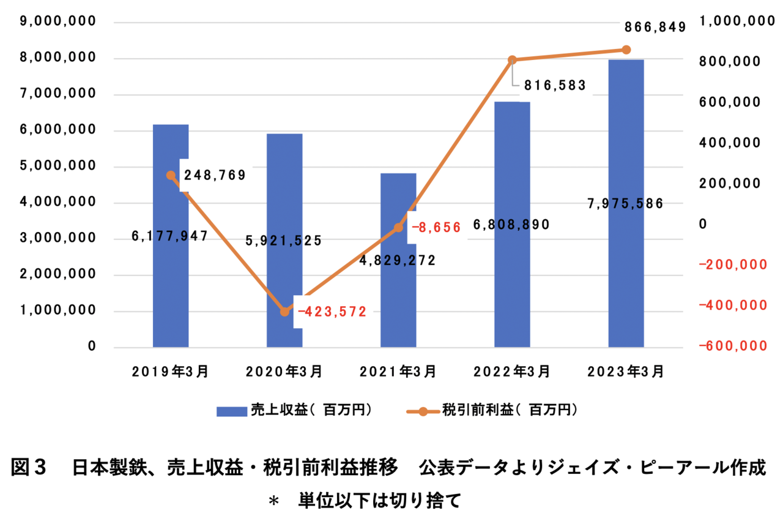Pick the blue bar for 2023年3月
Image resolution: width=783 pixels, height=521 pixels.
[x=626, y=275]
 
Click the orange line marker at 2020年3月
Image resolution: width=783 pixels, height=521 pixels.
[x=284, y=311]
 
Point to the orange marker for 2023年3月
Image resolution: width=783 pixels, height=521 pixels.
[x=626, y=50]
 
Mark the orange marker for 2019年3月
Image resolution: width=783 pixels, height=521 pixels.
[x=171, y=176]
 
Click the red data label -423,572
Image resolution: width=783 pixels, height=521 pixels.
[x=332, y=312]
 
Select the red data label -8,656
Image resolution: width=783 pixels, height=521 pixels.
[x=436, y=227]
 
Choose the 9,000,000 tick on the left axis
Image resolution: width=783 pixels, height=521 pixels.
[x=58, y=22]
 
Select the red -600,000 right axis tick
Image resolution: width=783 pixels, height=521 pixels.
[x=732, y=346]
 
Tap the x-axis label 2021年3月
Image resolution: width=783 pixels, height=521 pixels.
[x=398, y=371]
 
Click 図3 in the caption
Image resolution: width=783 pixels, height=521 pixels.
[x=29, y=468]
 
